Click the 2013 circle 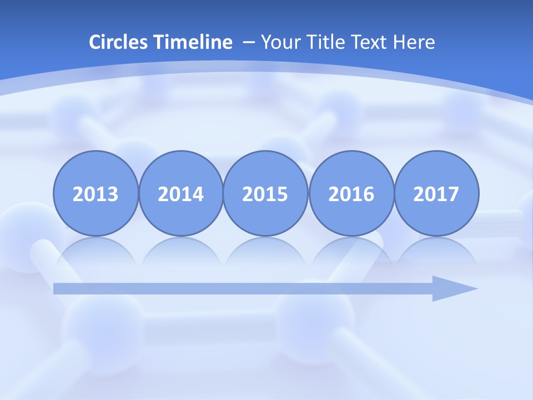point(95,194)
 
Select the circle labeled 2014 point(181,194)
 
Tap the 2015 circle point(265,194)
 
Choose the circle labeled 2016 point(351,194)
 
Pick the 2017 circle point(436,194)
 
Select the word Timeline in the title point(194,42)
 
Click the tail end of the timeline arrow point(57,288)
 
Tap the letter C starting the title point(95,42)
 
